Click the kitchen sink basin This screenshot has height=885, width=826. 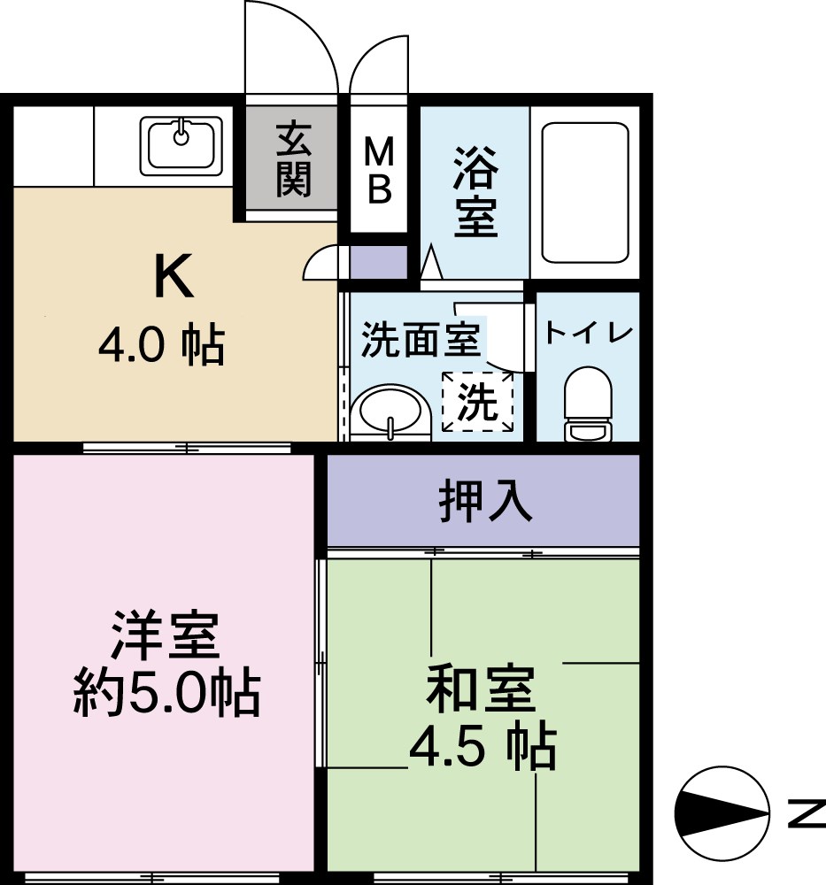pyautogui.click(x=181, y=144)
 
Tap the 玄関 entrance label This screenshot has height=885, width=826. pyautogui.click(x=293, y=160)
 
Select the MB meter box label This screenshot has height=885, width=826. pyautogui.click(x=379, y=173)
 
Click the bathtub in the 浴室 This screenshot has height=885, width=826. pyautogui.click(x=585, y=193)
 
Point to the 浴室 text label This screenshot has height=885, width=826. pyautogui.click(x=475, y=194)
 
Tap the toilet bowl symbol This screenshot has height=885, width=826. pyautogui.click(x=589, y=404)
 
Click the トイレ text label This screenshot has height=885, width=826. pyautogui.click(x=589, y=334)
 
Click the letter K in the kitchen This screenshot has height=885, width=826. pyautogui.click(x=173, y=276)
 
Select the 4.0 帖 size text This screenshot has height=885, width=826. pyautogui.click(x=161, y=345)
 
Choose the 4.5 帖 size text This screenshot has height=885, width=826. pyautogui.click(x=482, y=749)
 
